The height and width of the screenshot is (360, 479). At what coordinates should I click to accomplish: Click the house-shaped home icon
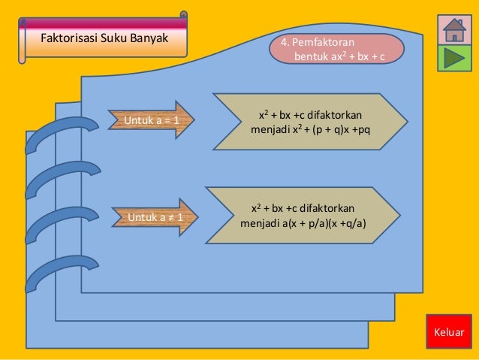(x=453, y=30)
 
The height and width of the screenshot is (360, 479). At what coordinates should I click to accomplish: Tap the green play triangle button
(x=453, y=59)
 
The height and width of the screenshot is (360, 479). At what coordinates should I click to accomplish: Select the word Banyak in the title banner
(x=150, y=35)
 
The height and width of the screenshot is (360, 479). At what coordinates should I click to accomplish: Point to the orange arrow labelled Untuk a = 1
(x=153, y=119)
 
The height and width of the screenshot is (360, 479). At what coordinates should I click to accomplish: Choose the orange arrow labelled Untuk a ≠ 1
(x=153, y=218)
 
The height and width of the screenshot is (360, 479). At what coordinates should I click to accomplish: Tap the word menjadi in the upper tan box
(x=269, y=131)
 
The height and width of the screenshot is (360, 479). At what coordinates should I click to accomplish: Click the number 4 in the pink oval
(x=285, y=43)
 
